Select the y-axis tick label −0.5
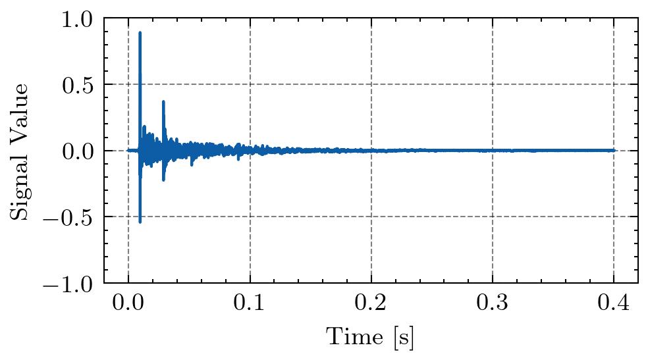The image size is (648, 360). [x=72, y=217]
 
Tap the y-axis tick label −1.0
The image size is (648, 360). [x=72, y=283]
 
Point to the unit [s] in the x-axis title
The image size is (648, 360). [x=404, y=338]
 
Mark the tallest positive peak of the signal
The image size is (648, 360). [x=140, y=32]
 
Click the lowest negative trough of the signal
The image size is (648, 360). [x=140, y=222]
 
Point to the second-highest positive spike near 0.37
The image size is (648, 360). [x=163, y=101]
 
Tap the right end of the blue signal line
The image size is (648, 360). [x=614, y=150]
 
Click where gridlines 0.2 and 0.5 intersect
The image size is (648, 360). [x=371, y=85]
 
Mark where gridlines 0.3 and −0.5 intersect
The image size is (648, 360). [x=492, y=217]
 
